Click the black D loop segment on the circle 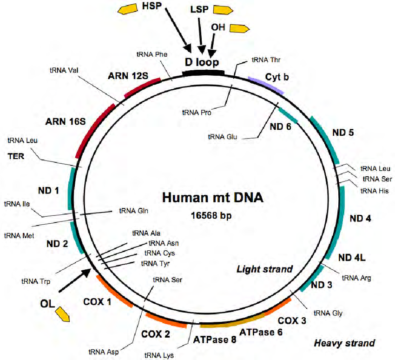click(x=203, y=73)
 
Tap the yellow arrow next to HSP click(x=128, y=10)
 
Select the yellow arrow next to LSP click(x=223, y=10)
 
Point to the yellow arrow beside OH click(x=239, y=28)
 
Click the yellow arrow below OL click(x=62, y=314)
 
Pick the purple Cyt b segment click(x=267, y=85)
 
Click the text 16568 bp click(x=211, y=215)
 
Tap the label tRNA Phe click(x=152, y=54)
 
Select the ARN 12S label click(x=128, y=76)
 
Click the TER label click(x=16, y=156)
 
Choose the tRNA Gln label click(x=133, y=211)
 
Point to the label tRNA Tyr click(x=155, y=263)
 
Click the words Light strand click(x=264, y=269)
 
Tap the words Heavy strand click(x=344, y=343)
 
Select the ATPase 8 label click(x=215, y=340)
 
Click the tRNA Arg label click(x=356, y=278)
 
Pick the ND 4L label click(x=352, y=258)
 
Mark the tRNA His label click(x=375, y=191)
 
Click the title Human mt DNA click(x=213, y=197)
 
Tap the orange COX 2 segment click(x=166, y=320)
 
